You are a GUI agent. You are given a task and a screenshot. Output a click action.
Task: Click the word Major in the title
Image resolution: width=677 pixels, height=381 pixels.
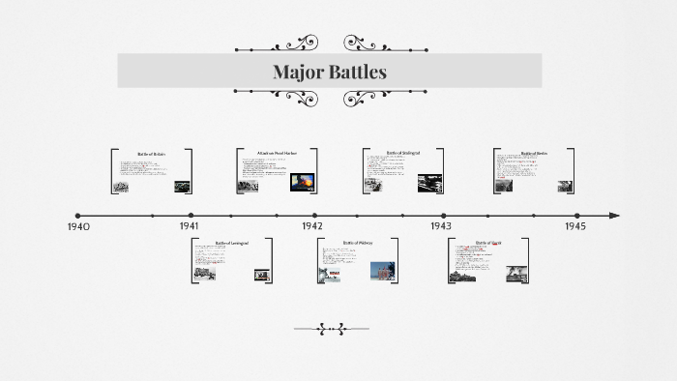pyautogui.click(x=297, y=72)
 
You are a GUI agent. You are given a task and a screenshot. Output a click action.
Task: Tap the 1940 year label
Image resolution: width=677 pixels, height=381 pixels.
pyautogui.click(x=78, y=226)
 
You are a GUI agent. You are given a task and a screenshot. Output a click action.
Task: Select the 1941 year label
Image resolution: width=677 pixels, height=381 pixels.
pyautogui.click(x=190, y=225)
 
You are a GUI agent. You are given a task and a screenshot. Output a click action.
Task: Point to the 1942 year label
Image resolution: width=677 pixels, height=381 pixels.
pyautogui.click(x=311, y=225)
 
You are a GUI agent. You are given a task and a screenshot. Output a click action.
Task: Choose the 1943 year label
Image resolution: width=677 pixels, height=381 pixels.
pyautogui.click(x=441, y=225)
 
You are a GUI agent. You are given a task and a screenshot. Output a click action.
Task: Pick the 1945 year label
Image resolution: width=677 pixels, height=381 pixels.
pyautogui.click(x=575, y=225)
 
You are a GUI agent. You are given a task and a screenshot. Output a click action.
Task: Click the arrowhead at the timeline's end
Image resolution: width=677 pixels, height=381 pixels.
pyautogui.click(x=615, y=216)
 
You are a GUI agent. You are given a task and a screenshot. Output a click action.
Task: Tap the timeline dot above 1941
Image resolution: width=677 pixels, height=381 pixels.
pyautogui.click(x=191, y=216)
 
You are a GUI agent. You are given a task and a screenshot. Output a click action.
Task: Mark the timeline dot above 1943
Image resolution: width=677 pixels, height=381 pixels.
pyautogui.click(x=444, y=216)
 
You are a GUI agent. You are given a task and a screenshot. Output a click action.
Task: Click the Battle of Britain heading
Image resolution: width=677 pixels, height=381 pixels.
pyautogui.click(x=152, y=154)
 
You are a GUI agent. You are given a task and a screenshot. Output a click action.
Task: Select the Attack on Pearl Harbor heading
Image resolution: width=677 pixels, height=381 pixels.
pyautogui.click(x=277, y=153)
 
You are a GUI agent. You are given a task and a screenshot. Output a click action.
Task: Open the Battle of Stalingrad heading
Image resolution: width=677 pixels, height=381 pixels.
pyautogui.click(x=404, y=153)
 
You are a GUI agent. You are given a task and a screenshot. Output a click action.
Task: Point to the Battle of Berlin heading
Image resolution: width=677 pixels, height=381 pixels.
pyautogui.click(x=534, y=153)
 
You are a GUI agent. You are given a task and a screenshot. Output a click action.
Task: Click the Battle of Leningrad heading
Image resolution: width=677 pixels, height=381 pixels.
pyautogui.click(x=232, y=243)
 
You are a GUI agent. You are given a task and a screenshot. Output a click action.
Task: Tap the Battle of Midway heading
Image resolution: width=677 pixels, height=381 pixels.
pyautogui.click(x=358, y=243)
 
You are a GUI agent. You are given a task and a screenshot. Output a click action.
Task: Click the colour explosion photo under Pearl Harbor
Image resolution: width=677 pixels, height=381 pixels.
pyautogui.click(x=303, y=181)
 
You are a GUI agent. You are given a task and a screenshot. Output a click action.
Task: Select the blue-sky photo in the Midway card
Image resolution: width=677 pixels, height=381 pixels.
pyautogui.click(x=383, y=272)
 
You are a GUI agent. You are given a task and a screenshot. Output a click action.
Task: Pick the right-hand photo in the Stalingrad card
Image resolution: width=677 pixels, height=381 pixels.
pyautogui.click(x=429, y=183)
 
